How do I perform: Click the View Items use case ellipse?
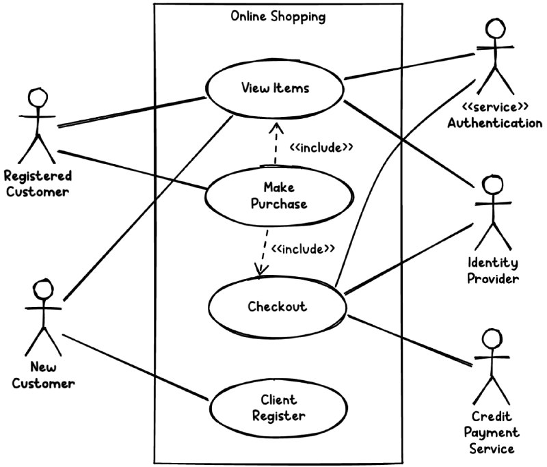click(x=275, y=88)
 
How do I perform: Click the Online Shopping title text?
click(x=278, y=16)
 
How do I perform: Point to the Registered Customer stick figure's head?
click(x=36, y=97)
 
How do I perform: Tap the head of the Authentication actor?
click(x=496, y=29)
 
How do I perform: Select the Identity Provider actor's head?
click(x=492, y=185)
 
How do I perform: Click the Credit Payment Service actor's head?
click(x=492, y=338)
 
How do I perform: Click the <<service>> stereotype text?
click(x=495, y=107)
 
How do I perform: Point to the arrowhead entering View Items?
click(x=276, y=127)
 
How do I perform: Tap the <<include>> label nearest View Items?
click(x=321, y=147)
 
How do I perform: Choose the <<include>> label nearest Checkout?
click(x=303, y=248)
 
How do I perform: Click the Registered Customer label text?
click(x=38, y=184)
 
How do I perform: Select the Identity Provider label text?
click(x=493, y=271)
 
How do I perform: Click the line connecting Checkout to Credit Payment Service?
click(x=410, y=340)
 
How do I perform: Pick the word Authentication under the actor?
click(x=495, y=123)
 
